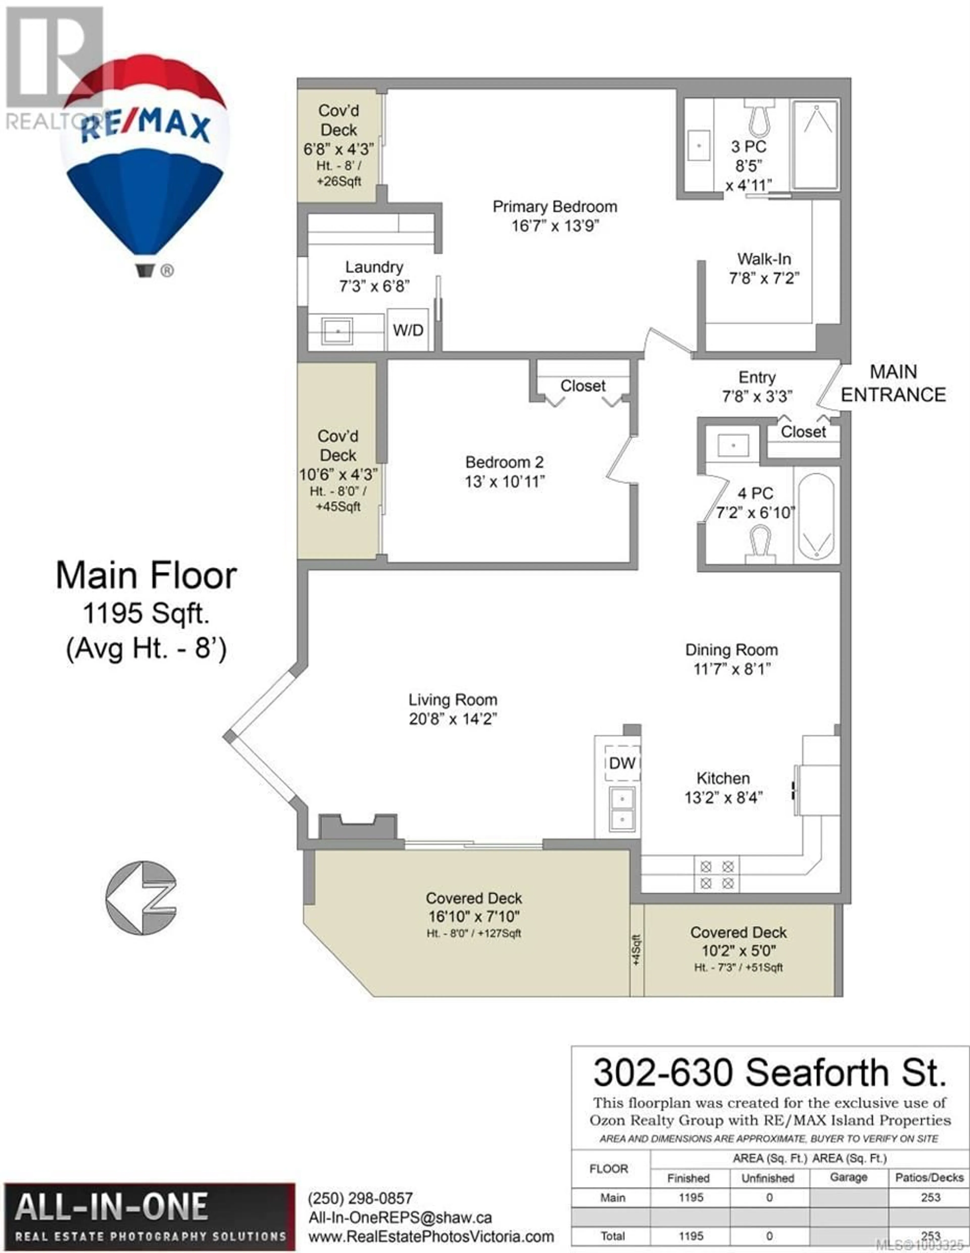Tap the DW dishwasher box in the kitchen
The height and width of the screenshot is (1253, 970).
point(622,763)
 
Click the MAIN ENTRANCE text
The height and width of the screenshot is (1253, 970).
point(893,383)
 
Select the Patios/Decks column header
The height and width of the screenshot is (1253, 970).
point(929,1177)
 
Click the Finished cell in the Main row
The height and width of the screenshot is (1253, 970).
point(691,1197)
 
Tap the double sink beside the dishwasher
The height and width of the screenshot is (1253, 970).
point(622,809)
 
